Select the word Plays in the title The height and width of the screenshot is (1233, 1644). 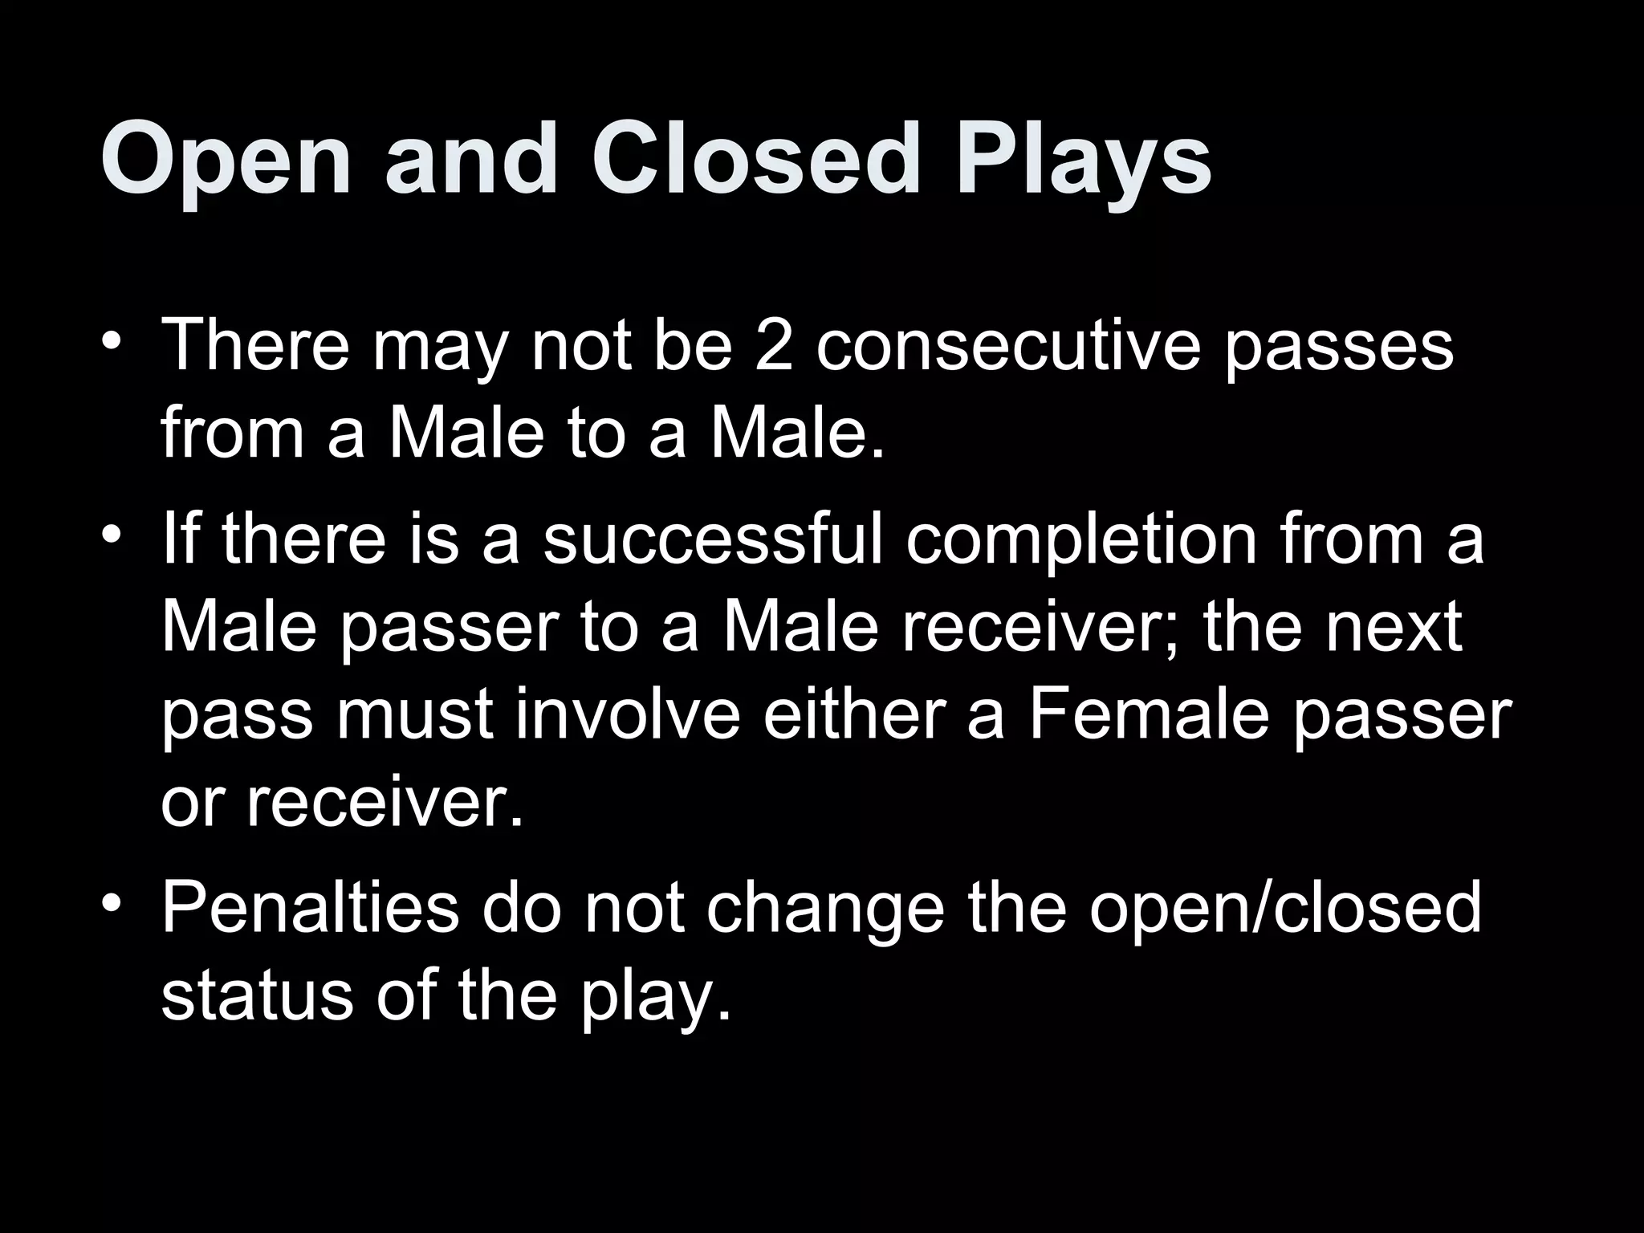(1083, 160)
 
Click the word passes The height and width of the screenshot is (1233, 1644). (1339, 348)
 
